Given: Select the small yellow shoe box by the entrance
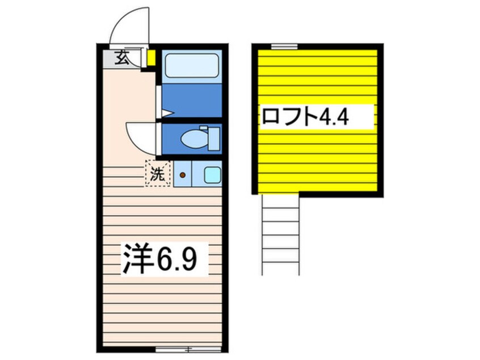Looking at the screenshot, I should coord(151,58).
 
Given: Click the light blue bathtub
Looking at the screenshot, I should coord(191,65).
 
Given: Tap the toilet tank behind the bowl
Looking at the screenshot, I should coord(213,139).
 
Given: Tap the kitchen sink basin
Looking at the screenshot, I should coord(212,175).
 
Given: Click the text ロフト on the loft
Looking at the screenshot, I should coord(288,117).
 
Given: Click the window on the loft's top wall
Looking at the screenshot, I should coord(284,46).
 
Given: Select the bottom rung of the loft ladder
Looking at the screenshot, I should coord(280,262).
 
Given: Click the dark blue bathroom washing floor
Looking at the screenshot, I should coord(191,101).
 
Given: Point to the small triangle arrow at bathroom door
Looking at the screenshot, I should coord(166,114).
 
